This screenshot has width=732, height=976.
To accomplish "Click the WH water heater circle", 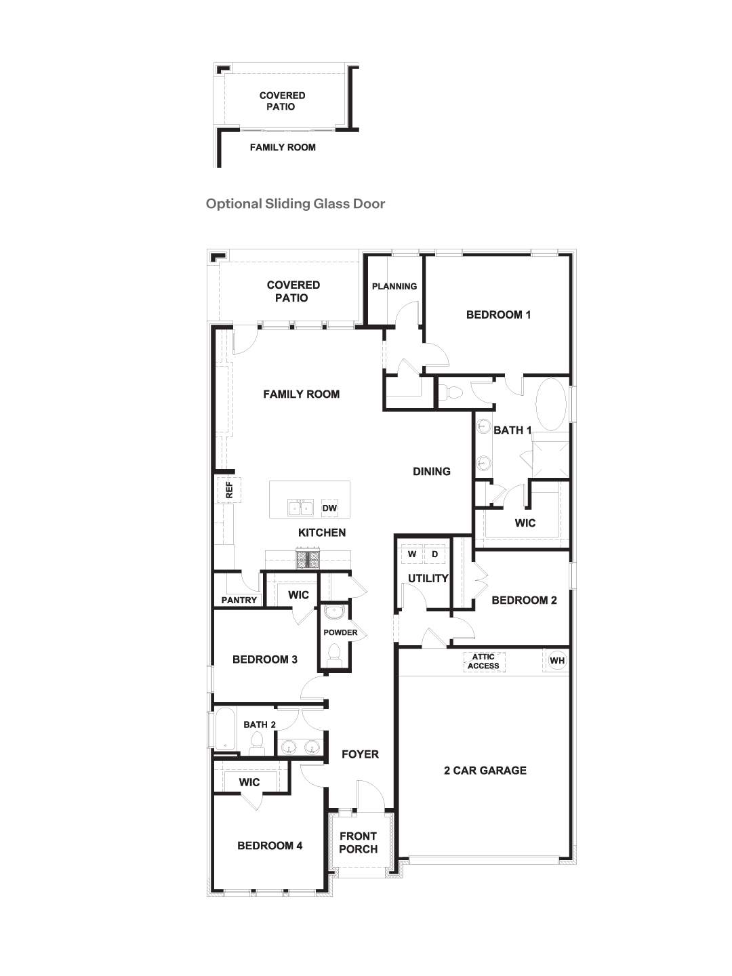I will [557, 661].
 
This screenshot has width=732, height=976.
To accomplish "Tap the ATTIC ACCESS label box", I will [483, 662].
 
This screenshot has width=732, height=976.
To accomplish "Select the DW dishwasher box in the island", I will [329, 508].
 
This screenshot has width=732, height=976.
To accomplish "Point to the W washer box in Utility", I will [412, 554].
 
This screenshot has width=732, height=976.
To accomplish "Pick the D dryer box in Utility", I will [435, 554].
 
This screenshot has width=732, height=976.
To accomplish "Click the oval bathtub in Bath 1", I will [551, 404].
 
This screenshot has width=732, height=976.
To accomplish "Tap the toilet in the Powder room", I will [333, 653].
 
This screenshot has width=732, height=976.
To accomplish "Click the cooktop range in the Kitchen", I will [308, 559].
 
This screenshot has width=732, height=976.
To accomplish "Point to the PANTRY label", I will [239, 600].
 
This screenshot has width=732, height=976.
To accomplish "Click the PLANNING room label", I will [394, 286].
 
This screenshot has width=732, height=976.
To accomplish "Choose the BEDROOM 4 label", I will [270, 845].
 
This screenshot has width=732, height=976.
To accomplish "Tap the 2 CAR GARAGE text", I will [485, 770].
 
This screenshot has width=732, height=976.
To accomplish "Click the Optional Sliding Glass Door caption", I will [296, 203].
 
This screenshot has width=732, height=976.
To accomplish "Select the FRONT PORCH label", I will [358, 842].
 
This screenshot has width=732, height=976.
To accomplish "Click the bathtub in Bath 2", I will [224, 730].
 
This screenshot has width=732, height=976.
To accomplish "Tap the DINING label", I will [432, 471].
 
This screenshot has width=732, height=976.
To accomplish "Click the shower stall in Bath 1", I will [550, 459].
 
